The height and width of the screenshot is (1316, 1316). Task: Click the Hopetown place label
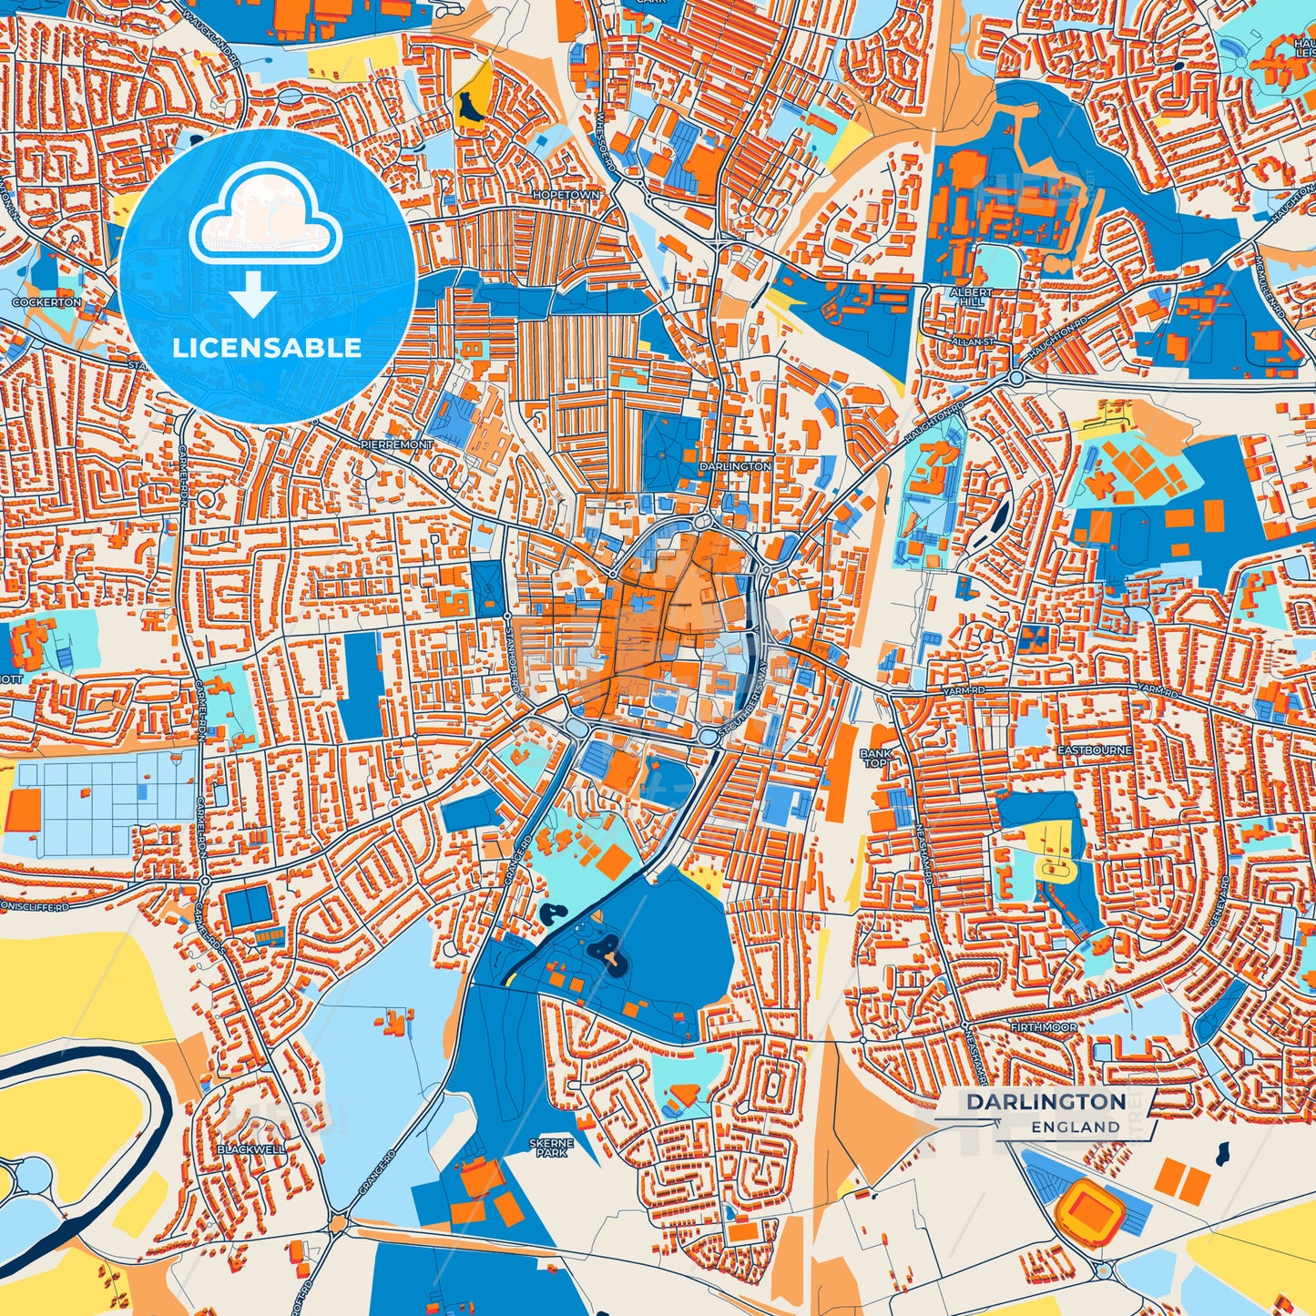pos(566,196)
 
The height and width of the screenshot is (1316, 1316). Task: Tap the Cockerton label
pos(46,302)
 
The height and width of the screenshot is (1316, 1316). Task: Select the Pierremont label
pos(396,444)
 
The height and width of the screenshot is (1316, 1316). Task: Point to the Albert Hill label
pos(970,296)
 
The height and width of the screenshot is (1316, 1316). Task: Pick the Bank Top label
pos(873,758)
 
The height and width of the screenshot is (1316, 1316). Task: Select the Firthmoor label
pos(1043,1027)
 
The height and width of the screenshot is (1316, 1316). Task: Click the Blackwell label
pos(250,1149)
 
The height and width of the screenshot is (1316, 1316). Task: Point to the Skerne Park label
pos(551,1148)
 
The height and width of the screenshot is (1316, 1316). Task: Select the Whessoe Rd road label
pos(605,147)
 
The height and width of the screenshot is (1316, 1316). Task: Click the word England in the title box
pos(1076,1127)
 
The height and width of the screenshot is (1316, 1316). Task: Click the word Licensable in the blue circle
pos(267,348)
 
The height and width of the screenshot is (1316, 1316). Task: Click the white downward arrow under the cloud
pos(253,295)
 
